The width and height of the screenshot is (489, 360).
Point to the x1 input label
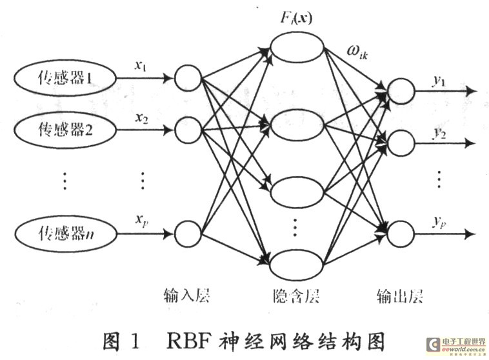coord(142,66)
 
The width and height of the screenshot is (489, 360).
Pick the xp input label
coord(142,219)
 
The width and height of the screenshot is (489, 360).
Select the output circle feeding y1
coord(401,91)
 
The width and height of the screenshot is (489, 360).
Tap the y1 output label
coord(441,80)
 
